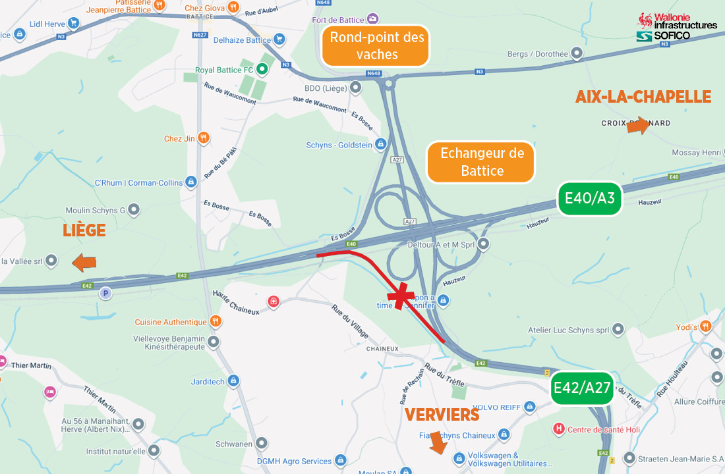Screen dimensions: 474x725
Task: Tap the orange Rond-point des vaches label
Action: [376, 45]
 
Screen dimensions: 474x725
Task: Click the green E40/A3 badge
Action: [590, 199]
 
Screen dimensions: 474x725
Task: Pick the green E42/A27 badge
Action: [582, 388]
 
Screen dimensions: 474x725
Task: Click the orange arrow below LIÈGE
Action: [84, 263]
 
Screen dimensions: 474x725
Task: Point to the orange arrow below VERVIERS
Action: [436, 446]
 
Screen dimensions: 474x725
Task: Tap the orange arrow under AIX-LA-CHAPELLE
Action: [637, 126]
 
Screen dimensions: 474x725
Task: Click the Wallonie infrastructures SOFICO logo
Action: [676, 28]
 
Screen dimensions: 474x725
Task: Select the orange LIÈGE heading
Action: [84, 230]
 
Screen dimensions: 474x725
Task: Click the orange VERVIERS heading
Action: [442, 415]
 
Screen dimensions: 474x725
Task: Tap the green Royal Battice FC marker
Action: [262, 69]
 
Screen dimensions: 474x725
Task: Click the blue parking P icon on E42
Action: [104, 293]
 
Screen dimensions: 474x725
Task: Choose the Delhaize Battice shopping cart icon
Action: [279, 39]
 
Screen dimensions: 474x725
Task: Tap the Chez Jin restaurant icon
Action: [204, 138]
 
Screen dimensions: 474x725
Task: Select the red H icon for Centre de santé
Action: [559, 429]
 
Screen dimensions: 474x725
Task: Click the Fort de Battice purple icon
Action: [373, 19]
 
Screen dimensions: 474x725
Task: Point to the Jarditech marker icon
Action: [233, 381]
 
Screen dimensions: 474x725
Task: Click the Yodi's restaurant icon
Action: [706, 326]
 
